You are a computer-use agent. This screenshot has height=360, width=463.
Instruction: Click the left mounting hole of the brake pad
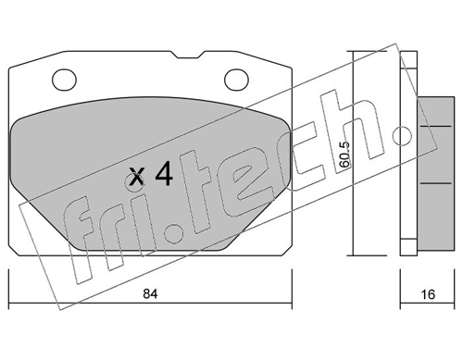tap(64, 78)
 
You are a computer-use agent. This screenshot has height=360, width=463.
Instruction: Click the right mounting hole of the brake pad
tap(237, 78)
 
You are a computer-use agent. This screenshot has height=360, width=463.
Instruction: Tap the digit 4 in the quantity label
tap(163, 175)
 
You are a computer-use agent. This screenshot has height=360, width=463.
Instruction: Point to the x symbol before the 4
tap(138, 177)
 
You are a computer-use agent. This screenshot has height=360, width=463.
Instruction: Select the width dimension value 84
tap(149, 297)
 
